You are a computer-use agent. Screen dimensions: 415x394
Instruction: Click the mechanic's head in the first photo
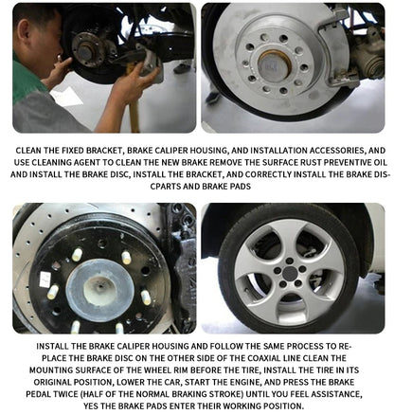pos(39,29)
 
